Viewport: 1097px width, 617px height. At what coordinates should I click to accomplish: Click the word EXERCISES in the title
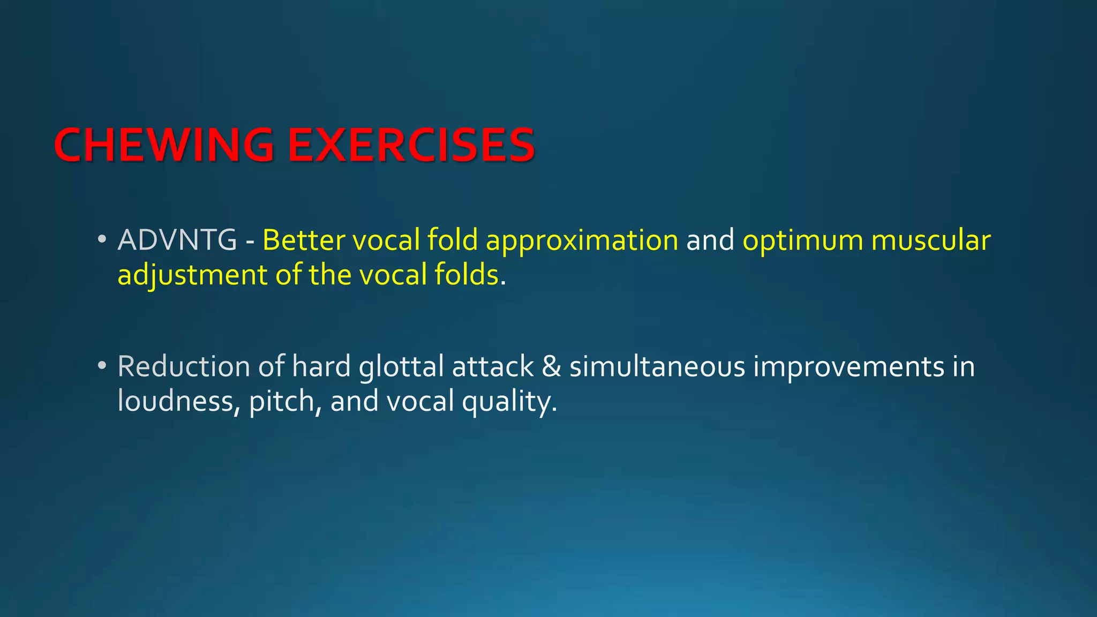pos(411,146)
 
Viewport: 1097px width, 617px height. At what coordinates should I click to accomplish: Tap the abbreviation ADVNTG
pos(177,240)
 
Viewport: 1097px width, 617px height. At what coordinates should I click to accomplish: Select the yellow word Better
pos(303,240)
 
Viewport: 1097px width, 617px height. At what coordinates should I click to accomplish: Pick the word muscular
pos(931,240)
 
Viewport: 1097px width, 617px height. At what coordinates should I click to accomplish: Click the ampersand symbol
pos(552,367)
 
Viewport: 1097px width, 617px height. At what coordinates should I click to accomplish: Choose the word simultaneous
pos(657,367)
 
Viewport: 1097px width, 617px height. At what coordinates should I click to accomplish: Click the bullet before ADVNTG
pos(102,240)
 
